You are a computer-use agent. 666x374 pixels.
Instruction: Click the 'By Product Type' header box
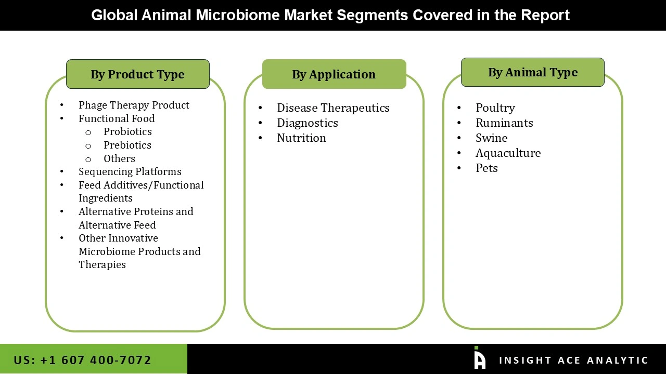pos(137,74)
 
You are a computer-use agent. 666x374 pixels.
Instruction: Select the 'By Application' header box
pos(334,74)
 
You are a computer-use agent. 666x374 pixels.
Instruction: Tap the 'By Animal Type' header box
pos(532,72)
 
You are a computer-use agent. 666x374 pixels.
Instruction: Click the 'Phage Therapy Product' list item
pos(134,105)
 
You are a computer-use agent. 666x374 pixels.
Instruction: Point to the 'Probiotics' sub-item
pos(127,131)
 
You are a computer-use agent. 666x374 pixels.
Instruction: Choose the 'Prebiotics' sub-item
pos(127,145)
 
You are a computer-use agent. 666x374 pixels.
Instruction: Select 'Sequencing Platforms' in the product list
pos(130,171)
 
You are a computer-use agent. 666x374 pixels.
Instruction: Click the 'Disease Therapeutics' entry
pos(333,108)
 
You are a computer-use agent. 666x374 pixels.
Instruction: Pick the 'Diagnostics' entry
pos(307,123)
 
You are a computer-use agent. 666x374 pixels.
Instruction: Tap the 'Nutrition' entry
pos(301,138)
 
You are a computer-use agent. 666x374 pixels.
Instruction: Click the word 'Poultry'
pos(495,108)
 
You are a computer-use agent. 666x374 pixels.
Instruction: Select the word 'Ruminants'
pos(504,123)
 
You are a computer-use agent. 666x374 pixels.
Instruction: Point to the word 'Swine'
pos(491,138)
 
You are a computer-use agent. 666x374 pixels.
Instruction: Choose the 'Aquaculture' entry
pos(508,153)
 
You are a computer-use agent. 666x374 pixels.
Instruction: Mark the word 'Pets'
pos(486,168)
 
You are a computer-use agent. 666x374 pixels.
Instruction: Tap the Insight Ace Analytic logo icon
pos(479,358)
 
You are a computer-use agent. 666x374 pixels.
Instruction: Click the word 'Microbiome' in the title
pos(238,15)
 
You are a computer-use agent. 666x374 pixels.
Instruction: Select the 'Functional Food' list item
pos(117,118)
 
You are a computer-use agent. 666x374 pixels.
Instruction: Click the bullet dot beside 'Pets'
pos(459,168)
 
